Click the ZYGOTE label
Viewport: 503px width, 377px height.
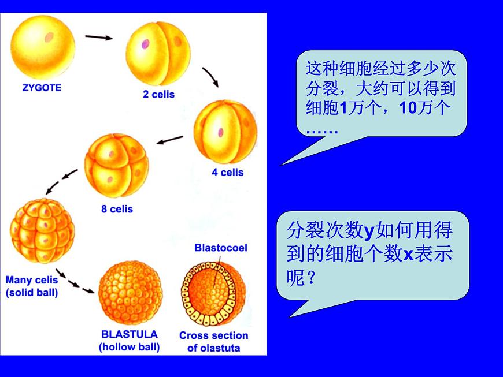(x=42, y=88)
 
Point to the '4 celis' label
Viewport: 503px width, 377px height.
(x=228, y=172)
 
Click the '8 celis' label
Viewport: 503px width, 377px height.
(x=117, y=209)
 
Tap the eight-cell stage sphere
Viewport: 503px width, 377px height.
(x=116, y=166)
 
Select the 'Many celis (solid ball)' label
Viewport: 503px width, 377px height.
(x=32, y=286)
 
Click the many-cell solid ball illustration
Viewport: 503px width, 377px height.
(x=42, y=231)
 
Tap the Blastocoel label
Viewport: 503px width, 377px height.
(x=221, y=248)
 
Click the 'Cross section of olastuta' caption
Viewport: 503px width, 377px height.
(x=213, y=341)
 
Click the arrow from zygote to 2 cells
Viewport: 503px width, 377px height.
(x=99, y=38)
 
